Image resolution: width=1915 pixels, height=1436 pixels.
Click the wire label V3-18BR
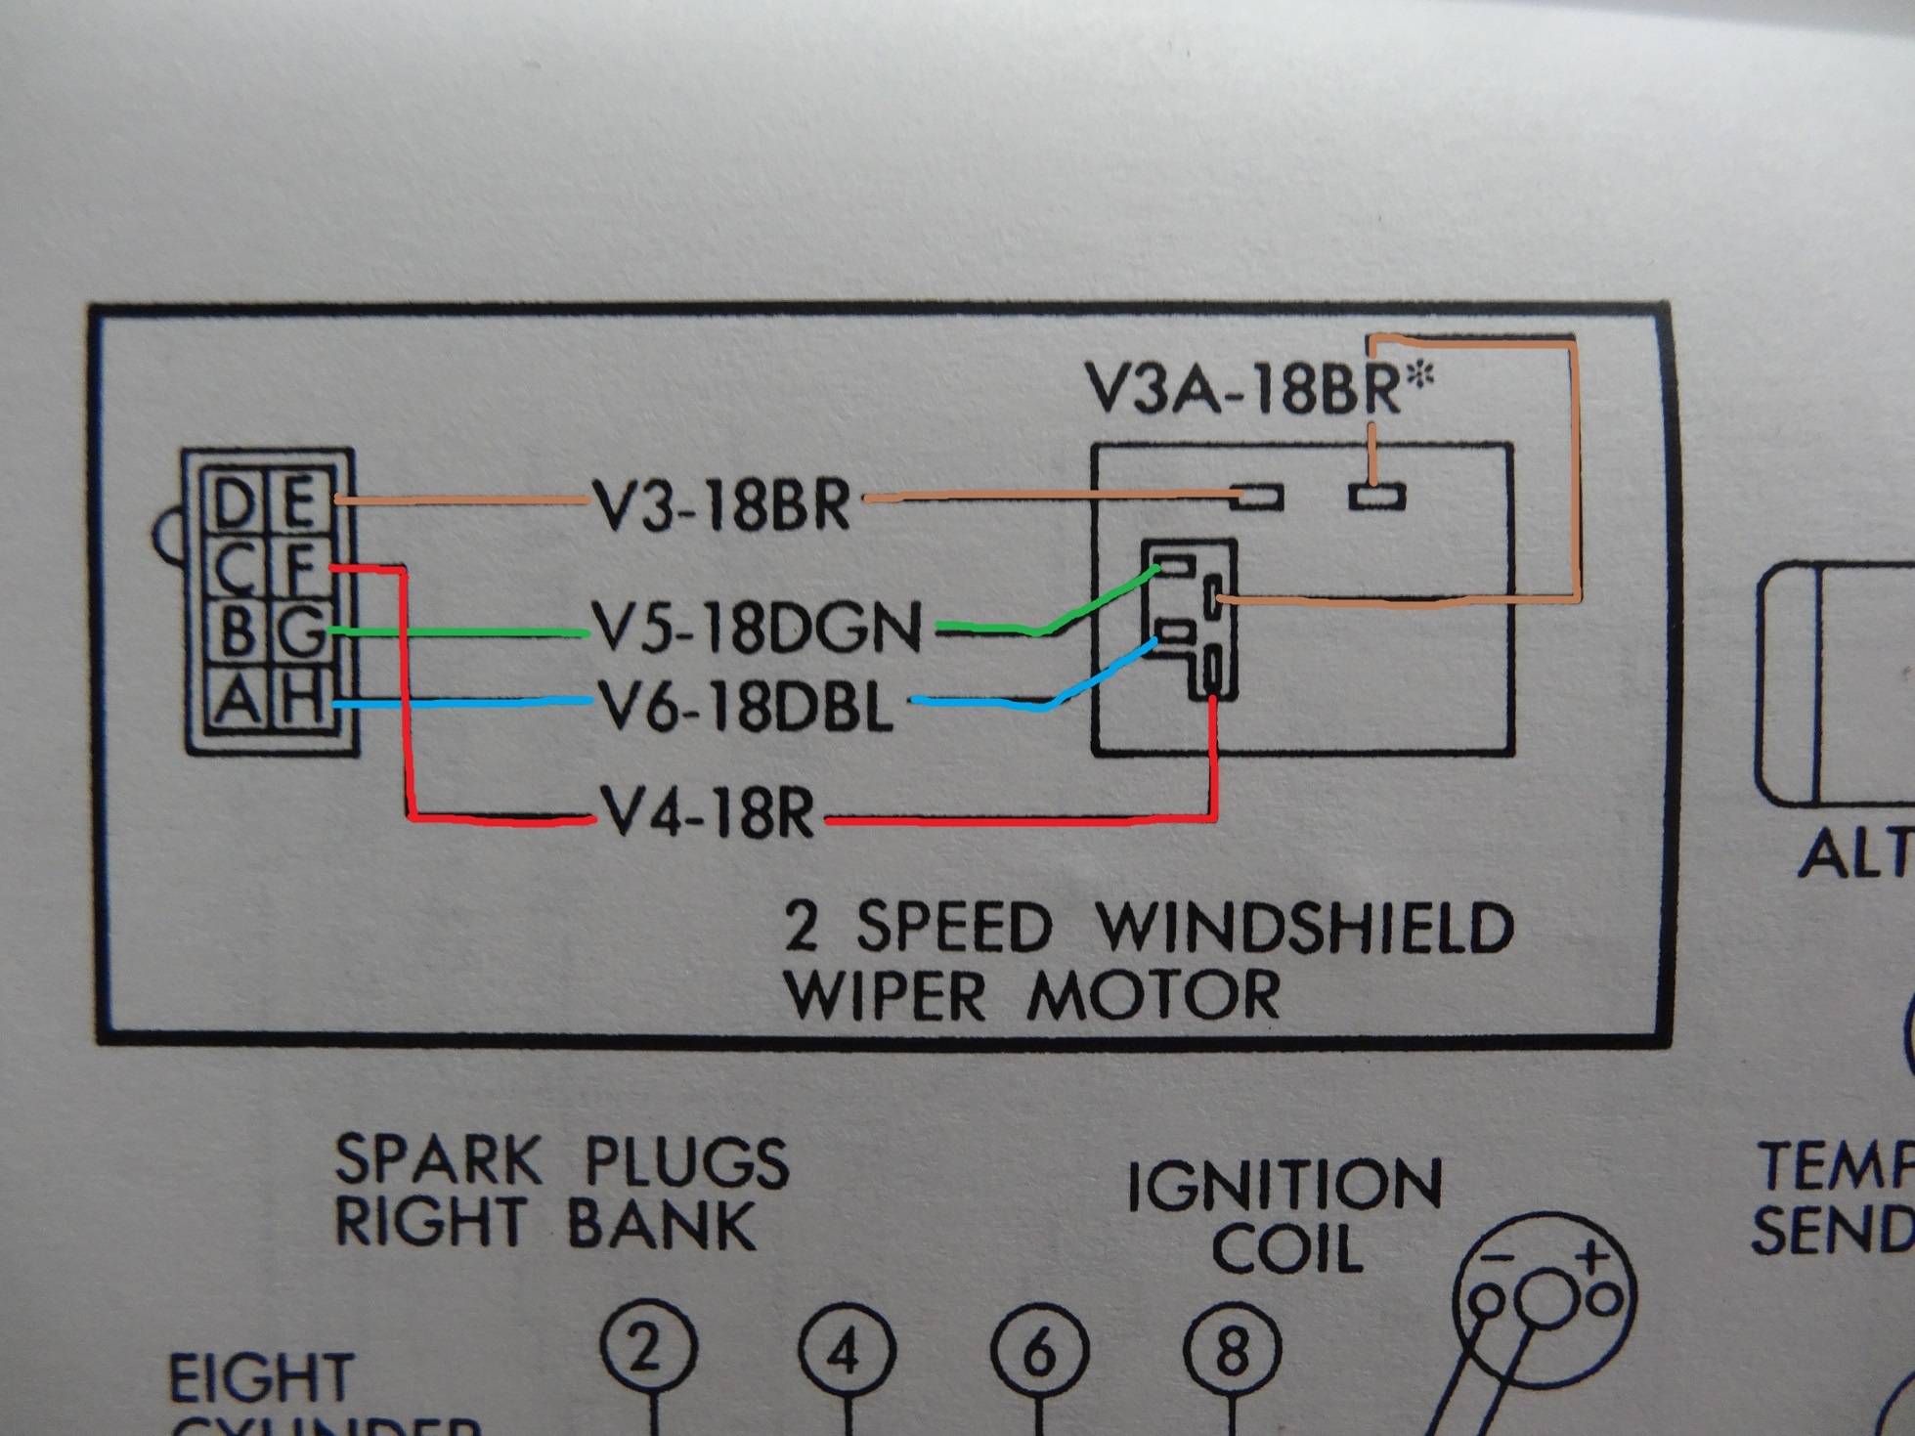722,505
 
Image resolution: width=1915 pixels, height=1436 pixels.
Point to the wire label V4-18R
710,814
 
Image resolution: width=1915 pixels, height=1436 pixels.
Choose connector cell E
300,506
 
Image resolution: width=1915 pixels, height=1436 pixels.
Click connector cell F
301,570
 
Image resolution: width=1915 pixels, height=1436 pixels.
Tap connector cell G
301,633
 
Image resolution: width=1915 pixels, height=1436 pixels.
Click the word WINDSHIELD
1306,928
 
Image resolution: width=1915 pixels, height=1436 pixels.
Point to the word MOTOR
1153,997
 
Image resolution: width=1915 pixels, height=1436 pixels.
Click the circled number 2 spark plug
646,1350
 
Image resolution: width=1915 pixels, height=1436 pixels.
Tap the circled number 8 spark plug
1231,1350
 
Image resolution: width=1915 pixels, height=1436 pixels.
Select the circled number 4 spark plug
846,1352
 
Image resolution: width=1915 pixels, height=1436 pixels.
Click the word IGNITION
1284,1185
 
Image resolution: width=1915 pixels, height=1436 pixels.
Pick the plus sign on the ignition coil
1592,1258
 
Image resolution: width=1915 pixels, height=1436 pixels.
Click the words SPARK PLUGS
561,1162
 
